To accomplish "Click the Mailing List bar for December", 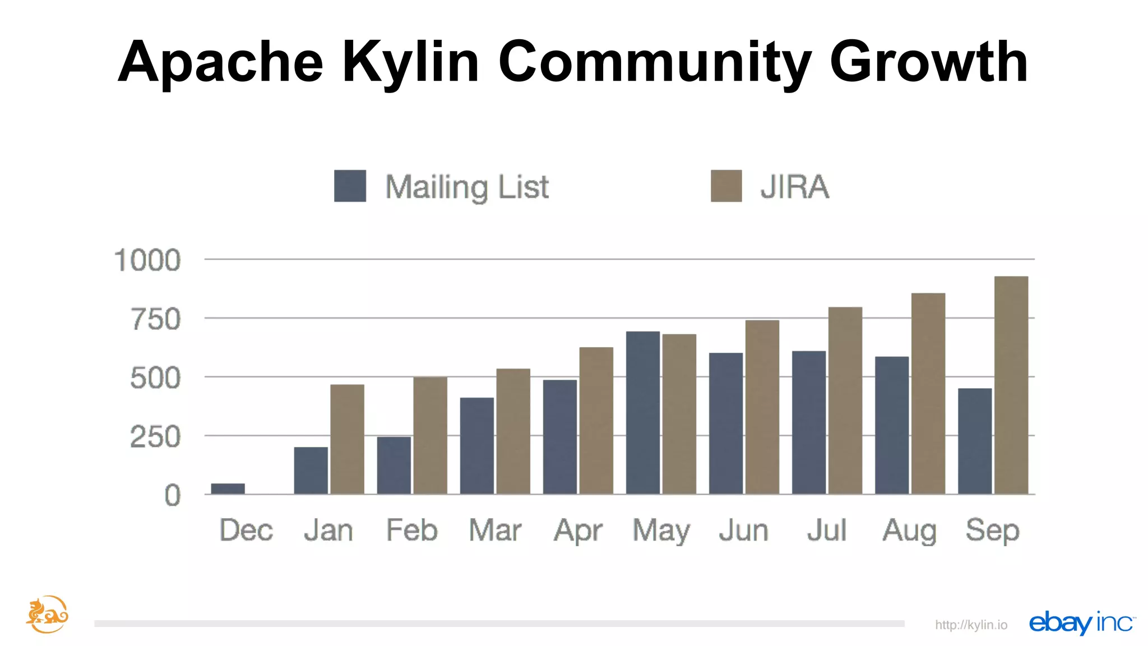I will (x=228, y=488).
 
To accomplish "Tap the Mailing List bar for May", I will (x=642, y=413).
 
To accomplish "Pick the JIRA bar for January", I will (x=347, y=439).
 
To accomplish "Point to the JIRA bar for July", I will (x=845, y=400).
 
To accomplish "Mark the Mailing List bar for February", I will (x=394, y=465).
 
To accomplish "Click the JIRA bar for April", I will (x=596, y=421).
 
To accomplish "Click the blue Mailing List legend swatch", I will (x=350, y=186).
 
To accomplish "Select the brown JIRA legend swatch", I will (x=726, y=186).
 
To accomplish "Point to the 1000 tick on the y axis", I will (x=147, y=260).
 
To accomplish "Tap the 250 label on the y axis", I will (x=155, y=437).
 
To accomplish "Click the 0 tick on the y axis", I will (x=173, y=496).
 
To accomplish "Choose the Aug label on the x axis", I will (x=909, y=530).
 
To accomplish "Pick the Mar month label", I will (x=495, y=530).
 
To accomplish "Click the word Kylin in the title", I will (x=410, y=62).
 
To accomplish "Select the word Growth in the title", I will (x=928, y=62).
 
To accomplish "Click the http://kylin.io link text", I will (x=971, y=625).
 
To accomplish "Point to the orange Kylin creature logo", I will (x=47, y=615).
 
